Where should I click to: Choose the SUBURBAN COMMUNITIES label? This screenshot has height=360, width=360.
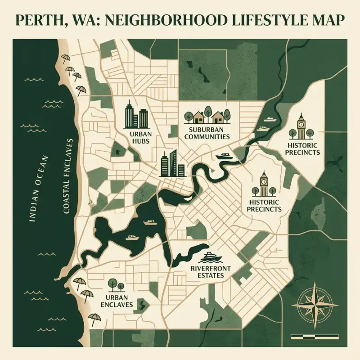(207, 133)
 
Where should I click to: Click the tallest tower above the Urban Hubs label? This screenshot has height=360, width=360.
(129, 114)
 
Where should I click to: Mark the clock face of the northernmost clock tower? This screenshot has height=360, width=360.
(301, 121)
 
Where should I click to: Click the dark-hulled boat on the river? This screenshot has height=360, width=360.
(225, 156)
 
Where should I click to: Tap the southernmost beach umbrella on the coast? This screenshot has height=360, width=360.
(94, 319)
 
